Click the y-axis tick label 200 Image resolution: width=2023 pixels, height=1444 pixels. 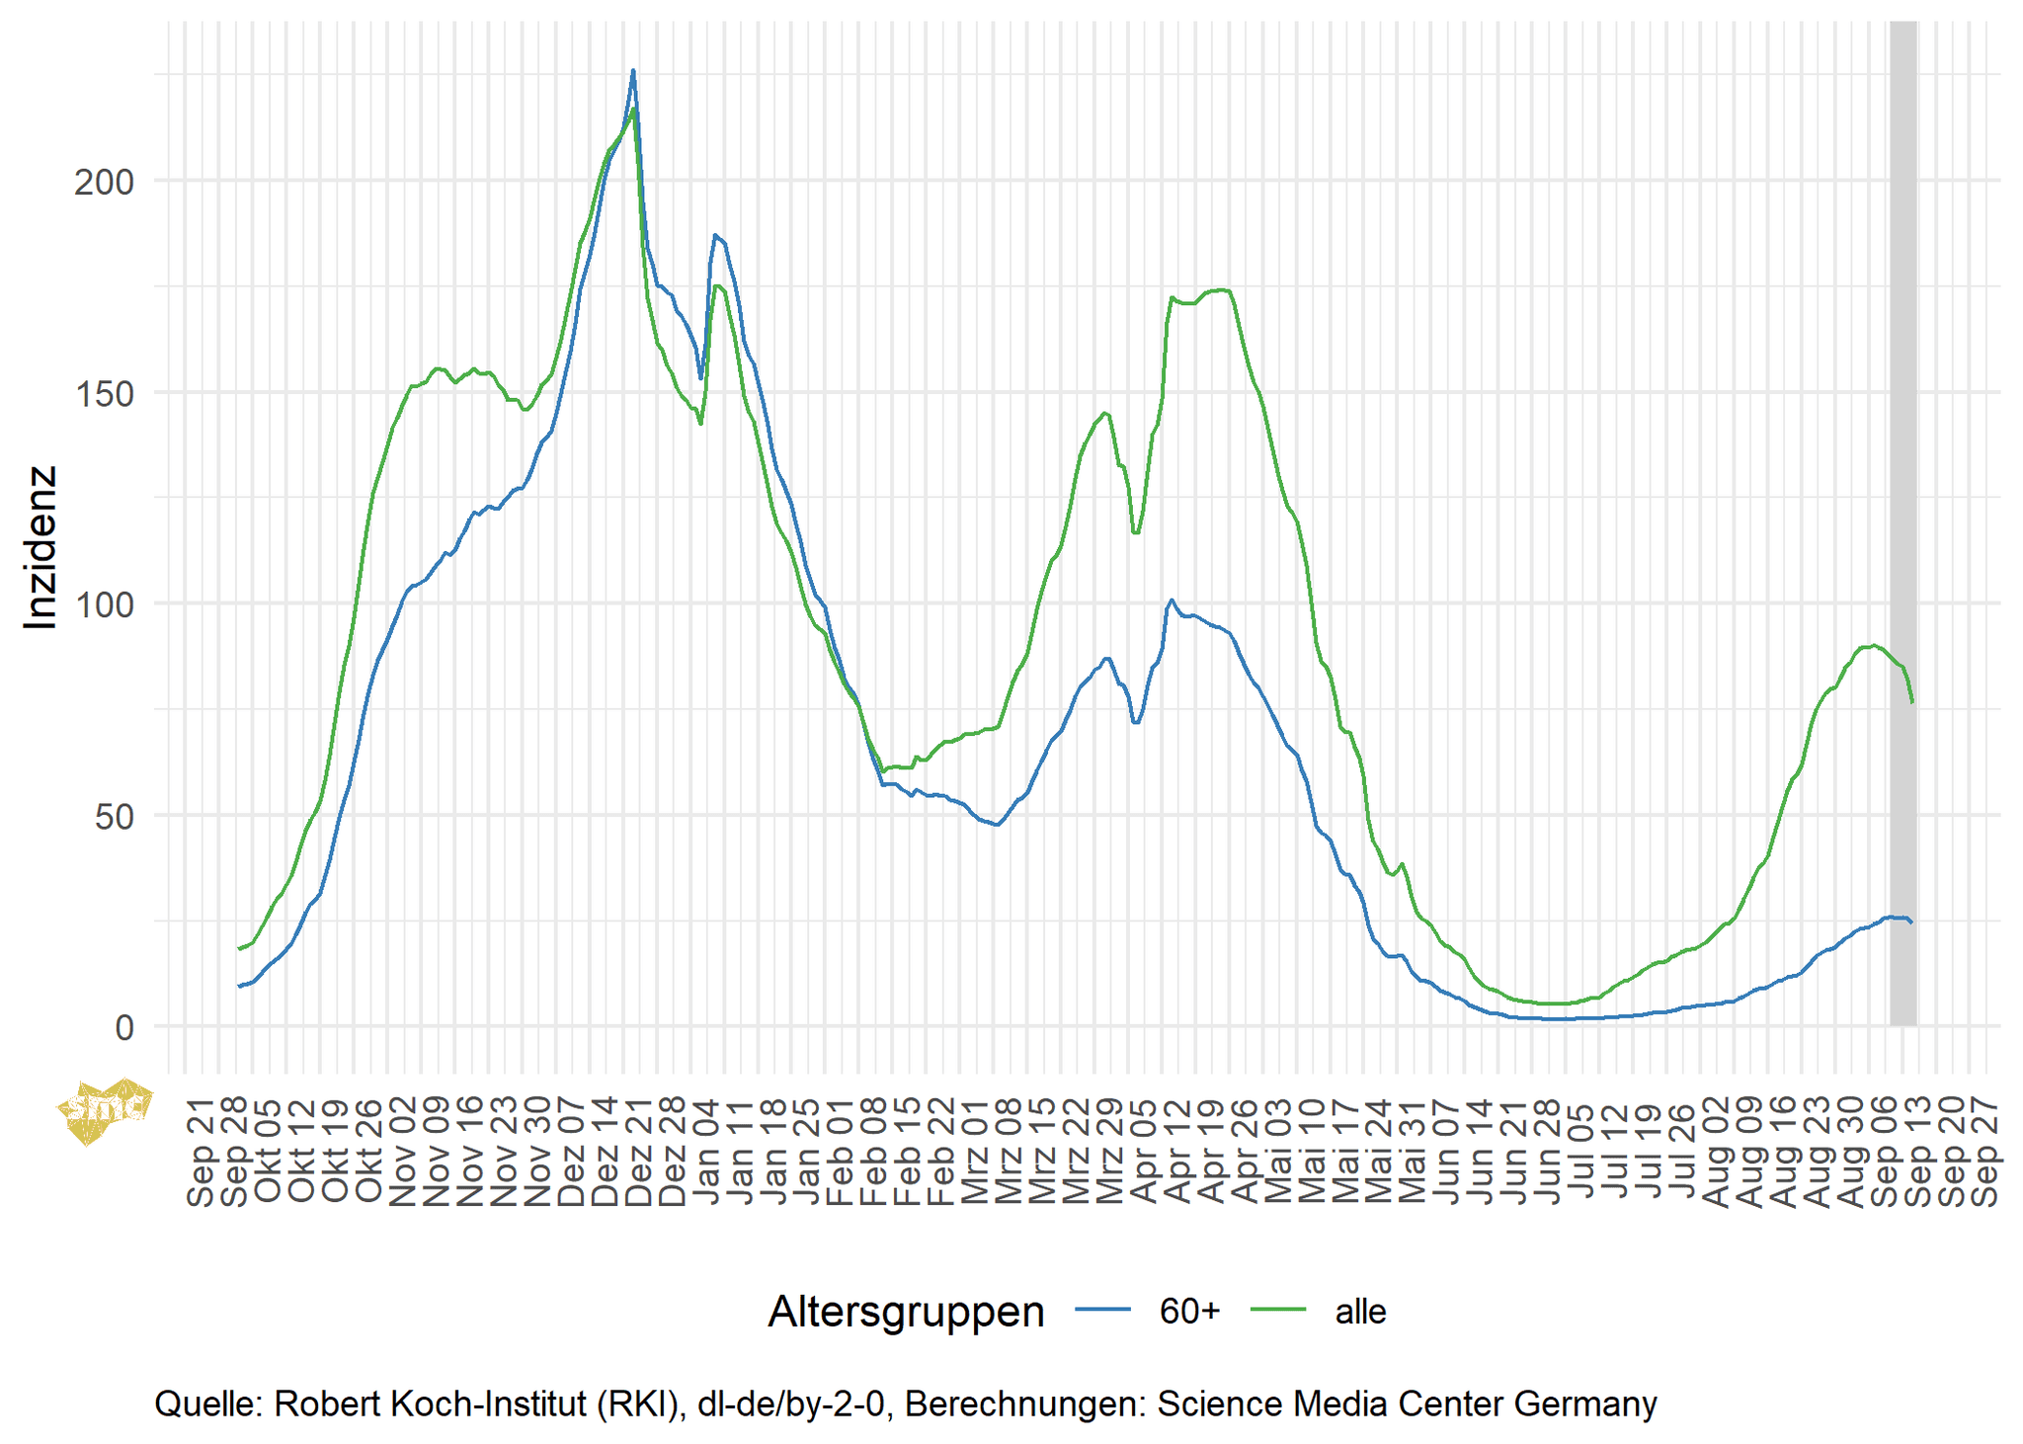(104, 182)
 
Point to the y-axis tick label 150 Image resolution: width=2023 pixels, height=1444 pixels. (104, 393)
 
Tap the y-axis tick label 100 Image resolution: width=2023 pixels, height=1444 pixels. (104, 604)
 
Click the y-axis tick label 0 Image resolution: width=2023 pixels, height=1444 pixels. (124, 1028)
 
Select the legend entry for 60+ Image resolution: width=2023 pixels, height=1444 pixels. (1189, 1312)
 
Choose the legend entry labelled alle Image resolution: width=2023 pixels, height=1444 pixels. (1360, 1312)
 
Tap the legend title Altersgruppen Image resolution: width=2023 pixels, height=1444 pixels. (906, 1312)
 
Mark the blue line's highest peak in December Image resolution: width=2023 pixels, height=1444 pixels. (633, 71)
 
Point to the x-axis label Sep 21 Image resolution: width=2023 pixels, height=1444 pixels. (202, 1153)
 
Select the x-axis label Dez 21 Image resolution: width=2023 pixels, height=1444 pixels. (639, 1153)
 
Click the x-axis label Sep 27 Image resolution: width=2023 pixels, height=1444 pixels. (1985, 1153)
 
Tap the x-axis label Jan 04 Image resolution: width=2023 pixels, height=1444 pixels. (707, 1153)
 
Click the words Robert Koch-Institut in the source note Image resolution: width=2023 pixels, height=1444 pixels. (430, 1404)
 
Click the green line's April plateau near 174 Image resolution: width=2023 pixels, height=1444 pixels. (1220, 290)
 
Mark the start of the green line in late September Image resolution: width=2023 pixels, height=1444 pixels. (239, 948)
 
